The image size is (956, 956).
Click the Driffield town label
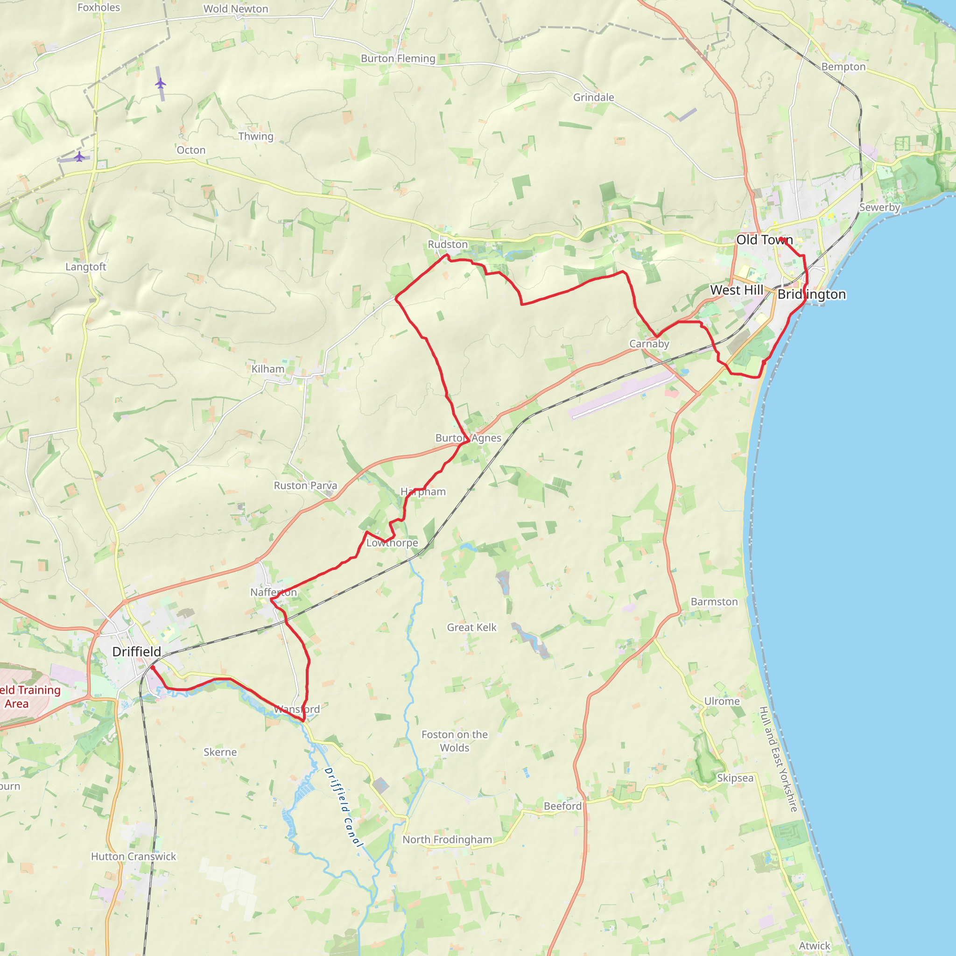137,652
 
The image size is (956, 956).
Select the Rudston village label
448,245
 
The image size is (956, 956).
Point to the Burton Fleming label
398,58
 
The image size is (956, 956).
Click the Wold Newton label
236,9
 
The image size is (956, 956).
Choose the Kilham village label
267,369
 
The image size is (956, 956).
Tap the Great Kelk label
471,627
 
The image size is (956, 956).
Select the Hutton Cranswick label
134,857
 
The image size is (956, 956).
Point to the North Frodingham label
447,840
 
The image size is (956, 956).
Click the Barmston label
714,602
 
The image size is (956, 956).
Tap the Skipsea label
735,778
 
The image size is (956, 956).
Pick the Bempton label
844,67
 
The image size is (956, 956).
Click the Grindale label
594,98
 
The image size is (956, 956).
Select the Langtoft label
86,267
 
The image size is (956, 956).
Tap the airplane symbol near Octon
79,157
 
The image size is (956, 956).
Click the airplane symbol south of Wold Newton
160,83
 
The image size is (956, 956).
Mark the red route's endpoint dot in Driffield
152,667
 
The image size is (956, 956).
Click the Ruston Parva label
305,486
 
